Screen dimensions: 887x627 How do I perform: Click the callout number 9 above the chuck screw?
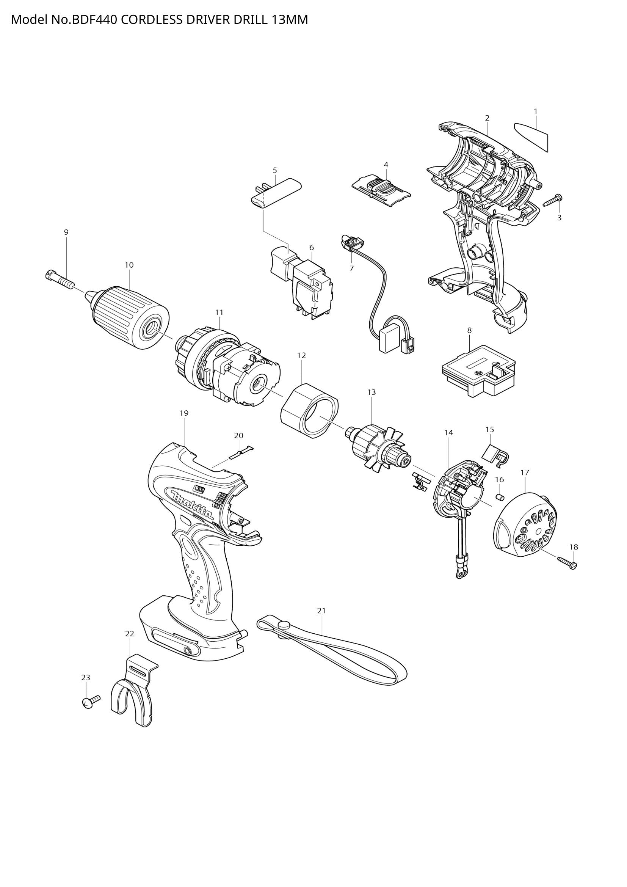coord(66,232)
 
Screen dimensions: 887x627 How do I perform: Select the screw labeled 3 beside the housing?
coord(552,201)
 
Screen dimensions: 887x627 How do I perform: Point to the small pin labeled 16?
coord(500,496)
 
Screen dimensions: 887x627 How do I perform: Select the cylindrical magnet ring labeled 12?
coord(309,410)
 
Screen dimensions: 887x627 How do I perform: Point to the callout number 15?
coord(489,429)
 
